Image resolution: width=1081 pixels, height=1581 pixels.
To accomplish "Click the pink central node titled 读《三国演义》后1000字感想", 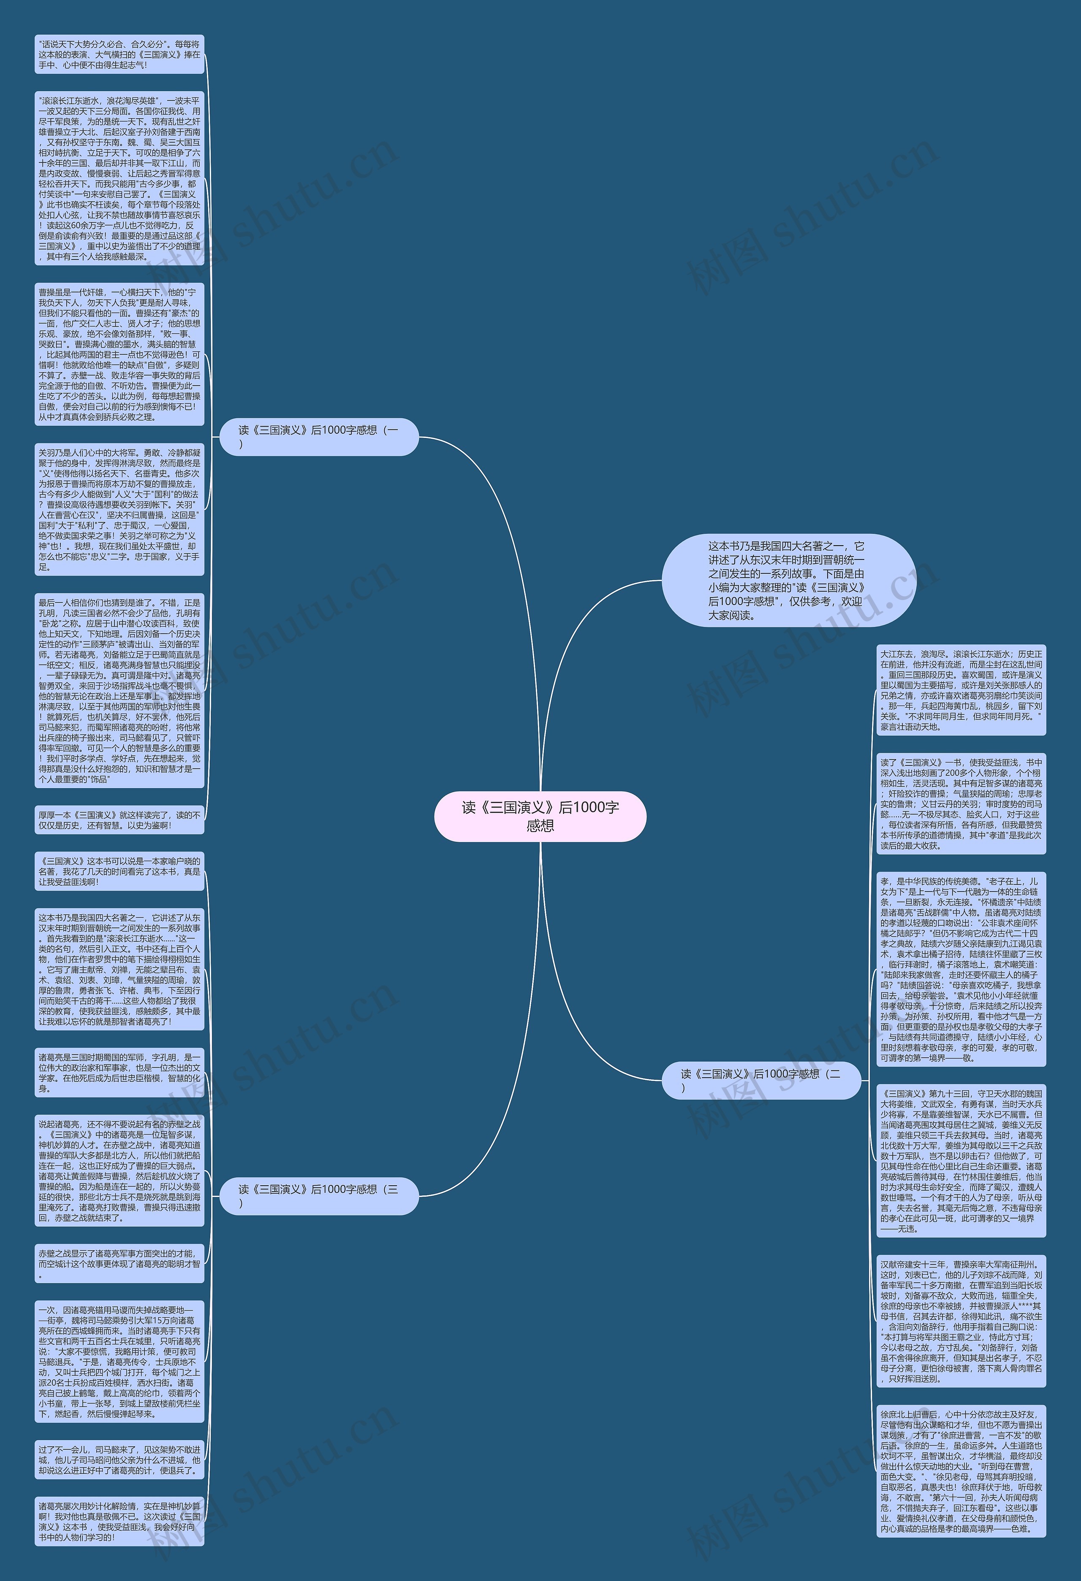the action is point(540,816).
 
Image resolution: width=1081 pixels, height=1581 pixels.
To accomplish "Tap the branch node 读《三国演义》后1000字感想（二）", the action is point(761,1080).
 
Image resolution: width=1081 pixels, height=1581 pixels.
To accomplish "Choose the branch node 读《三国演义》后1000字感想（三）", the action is point(318,1195).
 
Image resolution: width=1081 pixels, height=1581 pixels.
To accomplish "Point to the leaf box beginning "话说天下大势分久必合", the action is point(119,54).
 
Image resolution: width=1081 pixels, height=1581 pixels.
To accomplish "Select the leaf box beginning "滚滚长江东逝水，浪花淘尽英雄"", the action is point(119,178).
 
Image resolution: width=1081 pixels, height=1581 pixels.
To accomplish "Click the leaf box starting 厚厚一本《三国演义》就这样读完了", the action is point(119,820).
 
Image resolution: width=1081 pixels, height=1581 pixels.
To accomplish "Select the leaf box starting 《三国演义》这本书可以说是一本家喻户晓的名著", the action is point(119,871).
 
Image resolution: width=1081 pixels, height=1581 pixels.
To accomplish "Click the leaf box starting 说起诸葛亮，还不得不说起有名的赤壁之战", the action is point(119,1170).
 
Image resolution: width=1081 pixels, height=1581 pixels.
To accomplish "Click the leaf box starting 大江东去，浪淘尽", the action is point(961,690).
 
